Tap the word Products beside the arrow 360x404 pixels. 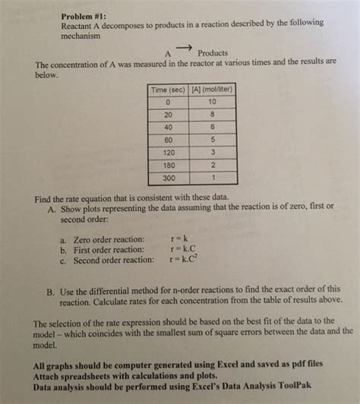[x=213, y=53]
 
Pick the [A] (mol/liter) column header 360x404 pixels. [x=206, y=89]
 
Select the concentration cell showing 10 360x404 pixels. [x=211, y=101]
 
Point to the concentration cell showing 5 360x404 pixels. [x=211, y=140]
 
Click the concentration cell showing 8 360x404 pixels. [x=211, y=114]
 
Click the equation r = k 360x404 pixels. [x=181, y=238]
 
